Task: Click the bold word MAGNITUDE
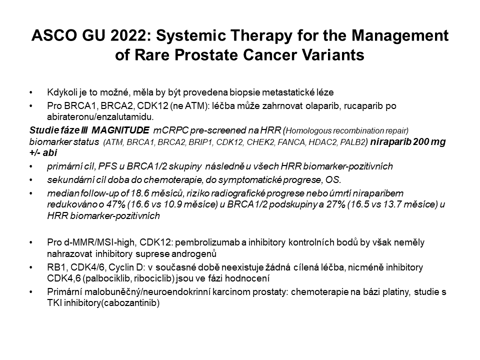(120, 130)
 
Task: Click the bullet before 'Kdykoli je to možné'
(30, 92)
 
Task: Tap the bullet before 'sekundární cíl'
(30, 180)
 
